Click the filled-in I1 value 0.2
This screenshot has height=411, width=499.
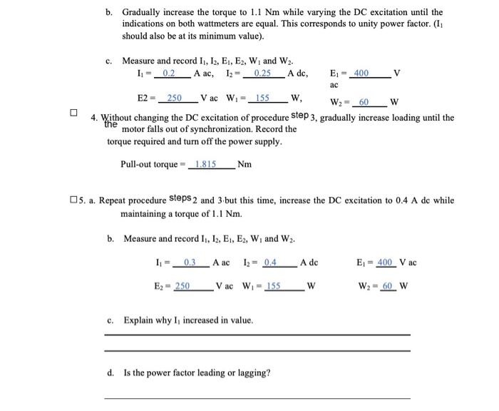169,73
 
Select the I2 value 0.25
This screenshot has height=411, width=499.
262,73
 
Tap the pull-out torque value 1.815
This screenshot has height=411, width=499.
206,164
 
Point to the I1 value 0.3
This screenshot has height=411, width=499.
190,263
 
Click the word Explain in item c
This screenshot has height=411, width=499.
138,320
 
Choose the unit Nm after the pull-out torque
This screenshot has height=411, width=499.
244,164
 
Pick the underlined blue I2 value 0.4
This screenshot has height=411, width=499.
270,263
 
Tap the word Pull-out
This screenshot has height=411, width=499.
138,164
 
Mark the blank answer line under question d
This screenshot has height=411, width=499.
257,397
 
